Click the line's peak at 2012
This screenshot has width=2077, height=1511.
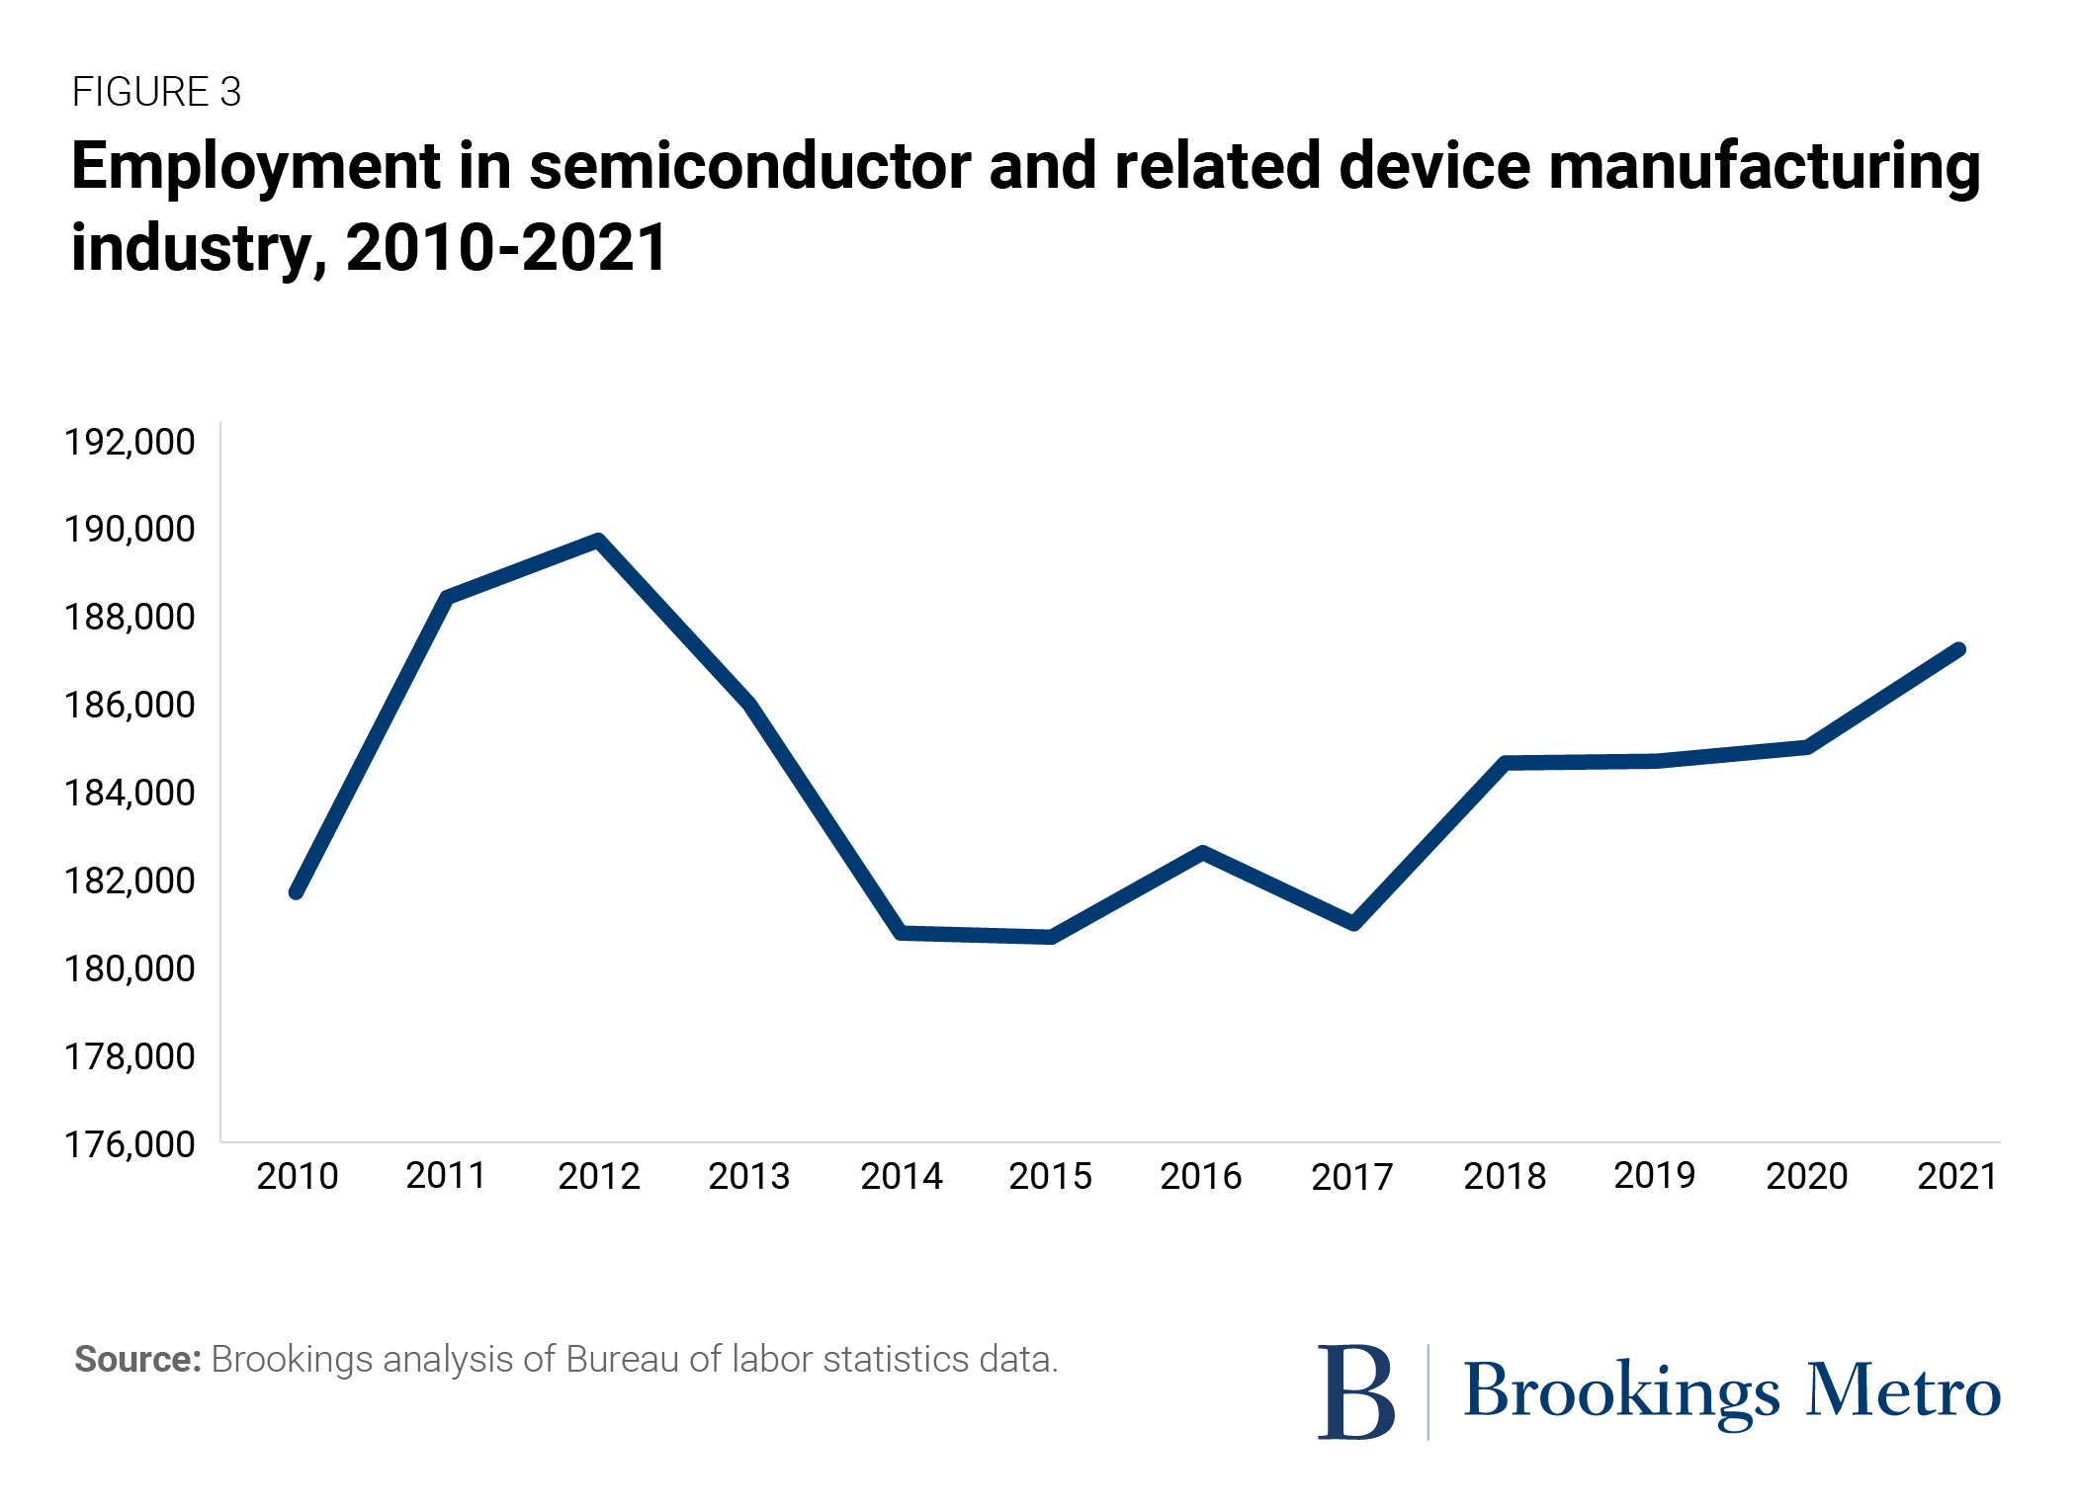point(598,541)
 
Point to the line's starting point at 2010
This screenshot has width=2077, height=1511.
point(297,892)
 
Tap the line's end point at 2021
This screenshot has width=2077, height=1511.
point(1958,650)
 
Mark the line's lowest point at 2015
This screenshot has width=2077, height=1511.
point(1051,937)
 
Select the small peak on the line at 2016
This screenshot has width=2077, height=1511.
point(1202,853)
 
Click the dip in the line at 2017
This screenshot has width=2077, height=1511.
point(1353,924)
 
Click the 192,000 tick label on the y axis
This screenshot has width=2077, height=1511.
point(130,442)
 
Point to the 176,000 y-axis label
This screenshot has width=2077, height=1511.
point(130,1144)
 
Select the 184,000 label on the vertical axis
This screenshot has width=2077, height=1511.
point(130,793)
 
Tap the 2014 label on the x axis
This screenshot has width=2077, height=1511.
point(901,1176)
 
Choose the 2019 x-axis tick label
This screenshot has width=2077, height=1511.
point(1654,1176)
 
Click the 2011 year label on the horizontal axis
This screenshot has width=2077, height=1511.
point(446,1176)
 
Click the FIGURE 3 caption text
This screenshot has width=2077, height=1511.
point(156,92)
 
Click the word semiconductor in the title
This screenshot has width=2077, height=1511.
point(749,165)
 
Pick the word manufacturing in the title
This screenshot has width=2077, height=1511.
point(1764,165)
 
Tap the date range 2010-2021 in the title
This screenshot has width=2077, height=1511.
point(506,247)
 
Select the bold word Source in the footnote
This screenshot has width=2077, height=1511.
point(137,1360)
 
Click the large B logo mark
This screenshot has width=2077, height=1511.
point(1355,1391)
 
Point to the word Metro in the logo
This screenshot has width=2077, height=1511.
point(1903,1391)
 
